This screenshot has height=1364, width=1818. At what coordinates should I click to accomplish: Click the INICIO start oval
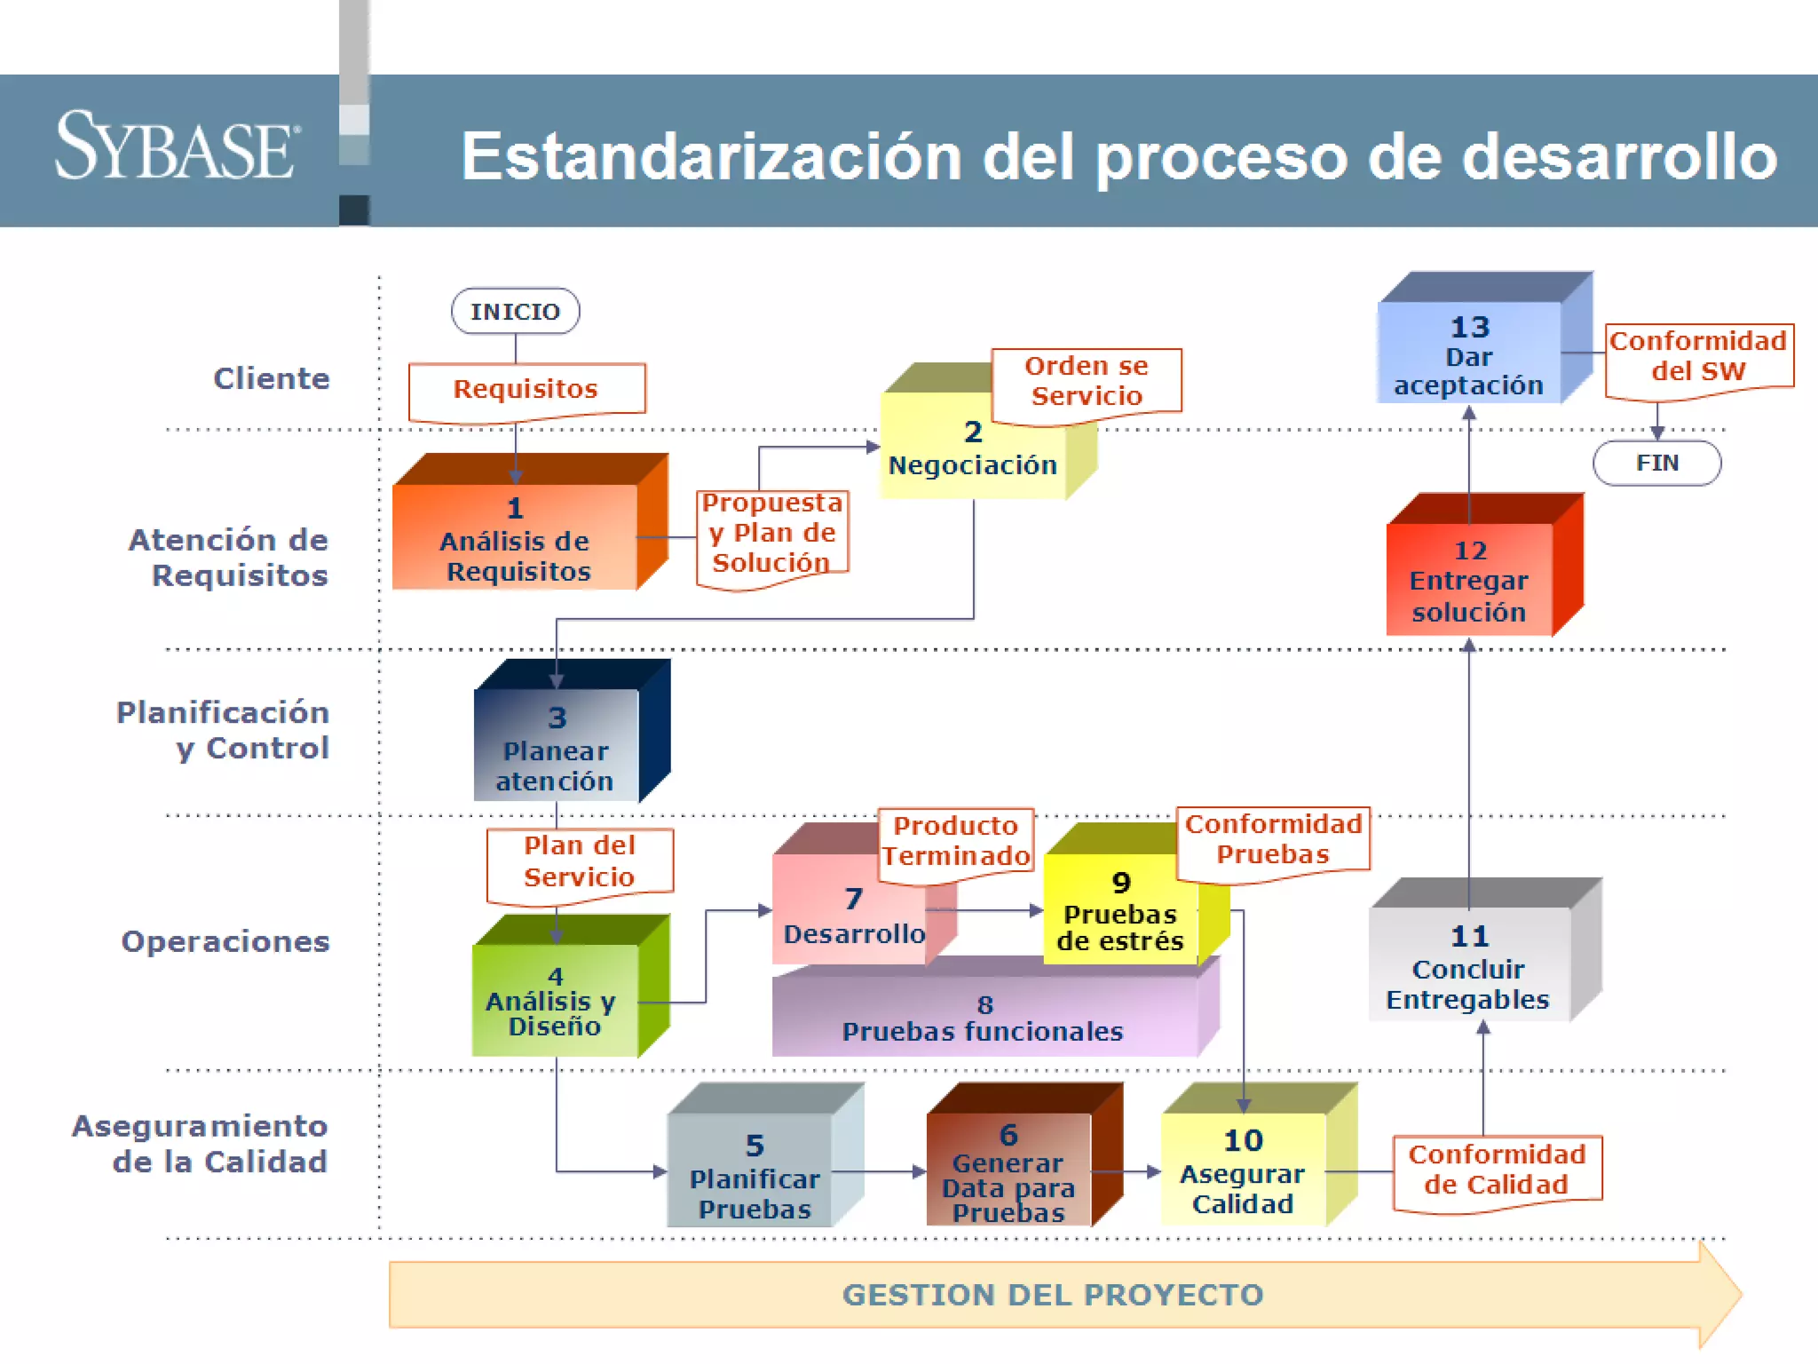[515, 311]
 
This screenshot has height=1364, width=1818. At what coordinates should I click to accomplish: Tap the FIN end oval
[1656, 463]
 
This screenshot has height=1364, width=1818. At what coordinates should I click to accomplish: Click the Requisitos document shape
[526, 390]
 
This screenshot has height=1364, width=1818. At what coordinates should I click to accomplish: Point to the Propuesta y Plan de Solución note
[772, 535]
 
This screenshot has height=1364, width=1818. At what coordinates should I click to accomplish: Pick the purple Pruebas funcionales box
[984, 1019]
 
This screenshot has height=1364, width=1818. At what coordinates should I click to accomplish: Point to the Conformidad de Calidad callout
[1497, 1170]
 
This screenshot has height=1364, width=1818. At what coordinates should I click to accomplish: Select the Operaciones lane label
[225, 941]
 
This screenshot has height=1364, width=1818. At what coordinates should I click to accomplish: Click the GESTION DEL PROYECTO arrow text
[1053, 1295]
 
